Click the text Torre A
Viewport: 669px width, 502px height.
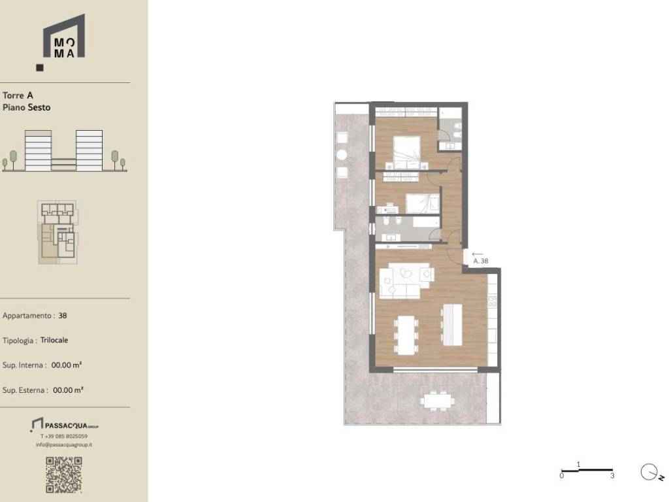[18, 95]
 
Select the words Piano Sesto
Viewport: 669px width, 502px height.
[26, 108]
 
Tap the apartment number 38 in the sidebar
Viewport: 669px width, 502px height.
[63, 316]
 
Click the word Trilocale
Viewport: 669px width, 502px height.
[54, 340]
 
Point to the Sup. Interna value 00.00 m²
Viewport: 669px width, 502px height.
[67, 365]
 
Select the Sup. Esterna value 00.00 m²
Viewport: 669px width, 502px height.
[68, 390]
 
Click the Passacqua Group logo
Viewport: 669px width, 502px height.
[65, 425]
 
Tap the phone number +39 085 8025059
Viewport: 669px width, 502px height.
[64, 436]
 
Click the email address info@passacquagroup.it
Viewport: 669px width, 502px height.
[64, 444]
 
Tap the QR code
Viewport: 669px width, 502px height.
[64, 475]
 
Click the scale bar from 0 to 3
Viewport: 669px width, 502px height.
[587, 471]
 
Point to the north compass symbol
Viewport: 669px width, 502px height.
[651, 473]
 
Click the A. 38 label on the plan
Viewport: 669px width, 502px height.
[481, 261]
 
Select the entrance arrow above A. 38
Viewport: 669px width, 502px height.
[478, 254]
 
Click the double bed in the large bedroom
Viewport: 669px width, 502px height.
[406, 153]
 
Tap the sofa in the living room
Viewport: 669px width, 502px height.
[406, 280]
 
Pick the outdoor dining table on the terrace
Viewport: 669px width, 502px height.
[437, 401]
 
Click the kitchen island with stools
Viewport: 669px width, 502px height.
[451, 324]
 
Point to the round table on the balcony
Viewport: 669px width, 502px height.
[341, 155]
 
